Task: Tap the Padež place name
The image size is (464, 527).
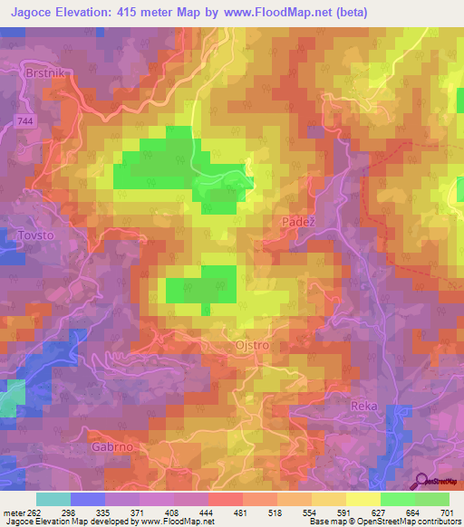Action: click(x=293, y=218)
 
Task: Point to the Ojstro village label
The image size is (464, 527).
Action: click(x=253, y=347)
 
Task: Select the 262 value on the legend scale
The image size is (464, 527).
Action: click(x=33, y=512)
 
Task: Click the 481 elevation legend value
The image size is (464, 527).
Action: click(x=240, y=512)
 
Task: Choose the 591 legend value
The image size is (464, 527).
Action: click(x=343, y=512)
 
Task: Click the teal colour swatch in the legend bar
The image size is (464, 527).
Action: click(x=53, y=499)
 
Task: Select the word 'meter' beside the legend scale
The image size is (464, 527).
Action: click(x=12, y=512)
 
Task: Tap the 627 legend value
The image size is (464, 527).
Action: click(x=378, y=512)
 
